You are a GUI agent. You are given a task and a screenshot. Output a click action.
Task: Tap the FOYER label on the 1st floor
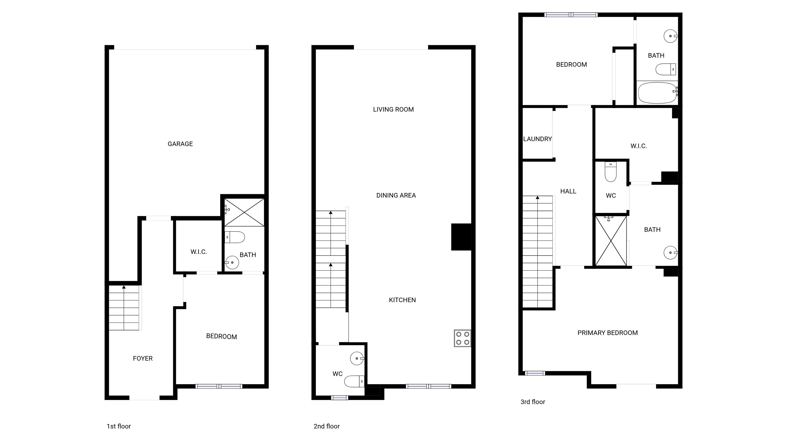(143, 358)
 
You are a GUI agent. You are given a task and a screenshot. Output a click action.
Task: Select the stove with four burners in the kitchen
(462, 338)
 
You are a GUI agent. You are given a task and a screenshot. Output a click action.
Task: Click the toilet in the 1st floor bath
(235, 237)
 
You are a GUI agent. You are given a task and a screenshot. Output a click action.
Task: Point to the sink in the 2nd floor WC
(357, 358)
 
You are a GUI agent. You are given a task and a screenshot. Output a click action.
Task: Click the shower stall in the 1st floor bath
(244, 213)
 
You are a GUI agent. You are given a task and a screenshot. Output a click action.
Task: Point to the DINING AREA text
(396, 195)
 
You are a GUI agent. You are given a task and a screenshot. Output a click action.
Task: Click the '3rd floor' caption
(533, 402)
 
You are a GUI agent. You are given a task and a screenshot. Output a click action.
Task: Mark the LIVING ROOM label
(393, 109)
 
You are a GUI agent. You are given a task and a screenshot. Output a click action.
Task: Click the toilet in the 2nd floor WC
(354, 381)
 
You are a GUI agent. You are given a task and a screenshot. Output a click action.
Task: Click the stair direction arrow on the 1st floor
(124, 287)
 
